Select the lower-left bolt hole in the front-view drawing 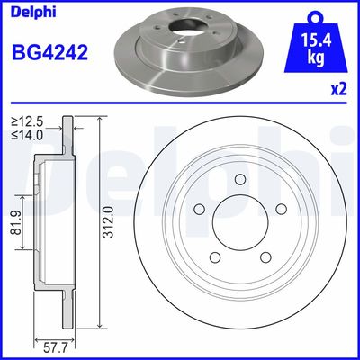click(x=216, y=256)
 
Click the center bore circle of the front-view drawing click(x=240, y=222)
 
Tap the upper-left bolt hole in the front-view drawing click(x=200, y=209)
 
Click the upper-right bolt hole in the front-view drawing click(x=280, y=209)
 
